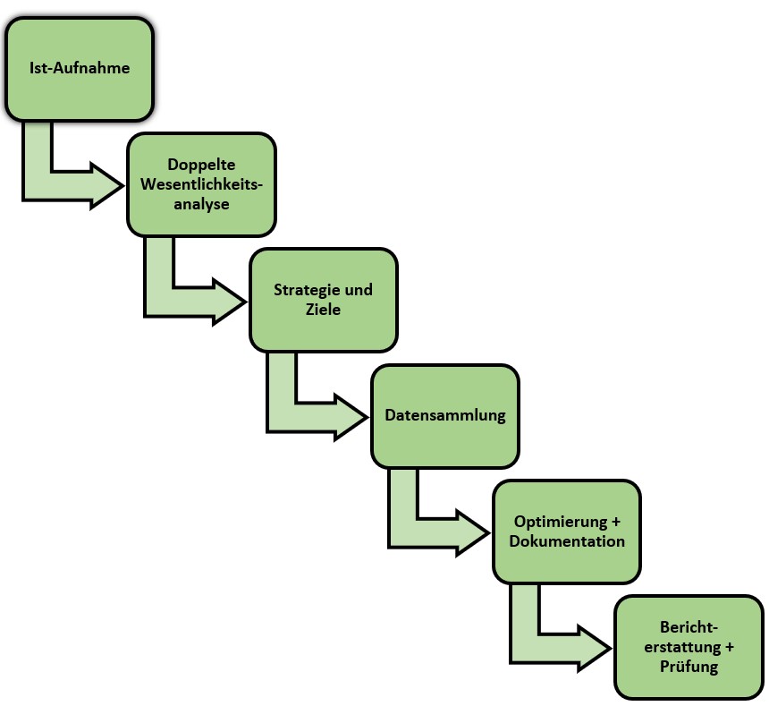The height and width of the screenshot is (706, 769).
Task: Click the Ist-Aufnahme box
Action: coord(80,68)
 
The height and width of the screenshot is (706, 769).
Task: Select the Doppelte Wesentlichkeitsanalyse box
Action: coord(200,184)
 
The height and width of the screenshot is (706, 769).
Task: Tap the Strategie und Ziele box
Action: coord(323,300)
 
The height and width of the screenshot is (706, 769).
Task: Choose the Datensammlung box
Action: coord(445,415)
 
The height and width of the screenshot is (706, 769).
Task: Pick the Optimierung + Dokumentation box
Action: coord(567,532)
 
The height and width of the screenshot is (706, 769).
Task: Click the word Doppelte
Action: coord(200,165)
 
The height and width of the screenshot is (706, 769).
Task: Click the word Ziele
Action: coord(323,310)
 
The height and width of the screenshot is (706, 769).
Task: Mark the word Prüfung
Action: coord(689,667)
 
